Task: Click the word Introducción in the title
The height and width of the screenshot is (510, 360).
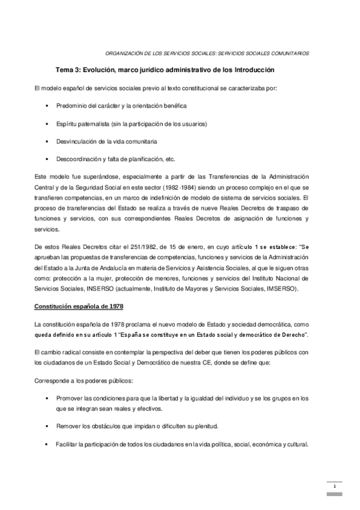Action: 254,70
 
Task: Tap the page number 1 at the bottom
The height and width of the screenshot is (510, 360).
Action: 334,486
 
